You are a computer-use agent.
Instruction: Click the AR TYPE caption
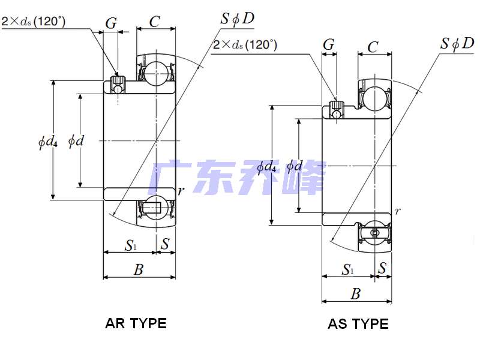tap(136, 323)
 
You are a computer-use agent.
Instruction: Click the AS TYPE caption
tap(358, 324)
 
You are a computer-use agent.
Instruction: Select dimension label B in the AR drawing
tap(139, 269)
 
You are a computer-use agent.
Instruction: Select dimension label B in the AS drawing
tap(356, 293)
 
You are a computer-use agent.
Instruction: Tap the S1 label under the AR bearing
tap(130, 245)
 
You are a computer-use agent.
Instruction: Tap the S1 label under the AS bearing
tap(348, 269)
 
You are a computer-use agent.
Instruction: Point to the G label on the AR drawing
tap(111, 23)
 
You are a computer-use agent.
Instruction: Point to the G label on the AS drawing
tap(329, 44)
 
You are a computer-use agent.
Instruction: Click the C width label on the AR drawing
tap(155, 22)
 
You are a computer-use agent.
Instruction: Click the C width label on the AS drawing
tap(373, 46)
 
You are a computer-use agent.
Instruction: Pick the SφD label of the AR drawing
tap(238, 19)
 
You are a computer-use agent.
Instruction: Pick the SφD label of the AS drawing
tap(457, 43)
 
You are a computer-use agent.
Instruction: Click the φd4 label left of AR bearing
tap(47, 142)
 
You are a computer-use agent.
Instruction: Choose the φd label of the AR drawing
tap(76, 142)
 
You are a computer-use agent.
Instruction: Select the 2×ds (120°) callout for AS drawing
tap(245, 45)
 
